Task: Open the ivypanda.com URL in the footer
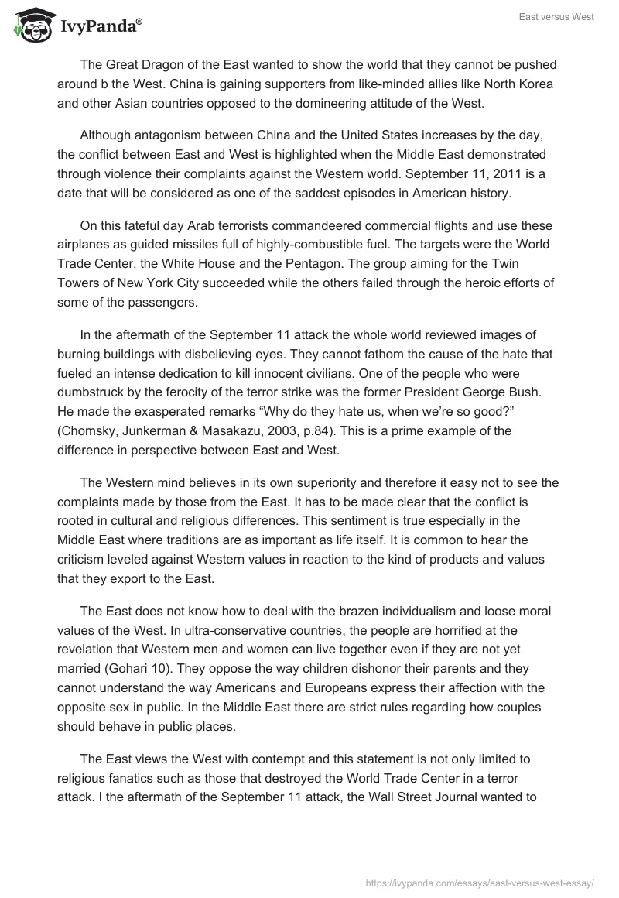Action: pos(479,882)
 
